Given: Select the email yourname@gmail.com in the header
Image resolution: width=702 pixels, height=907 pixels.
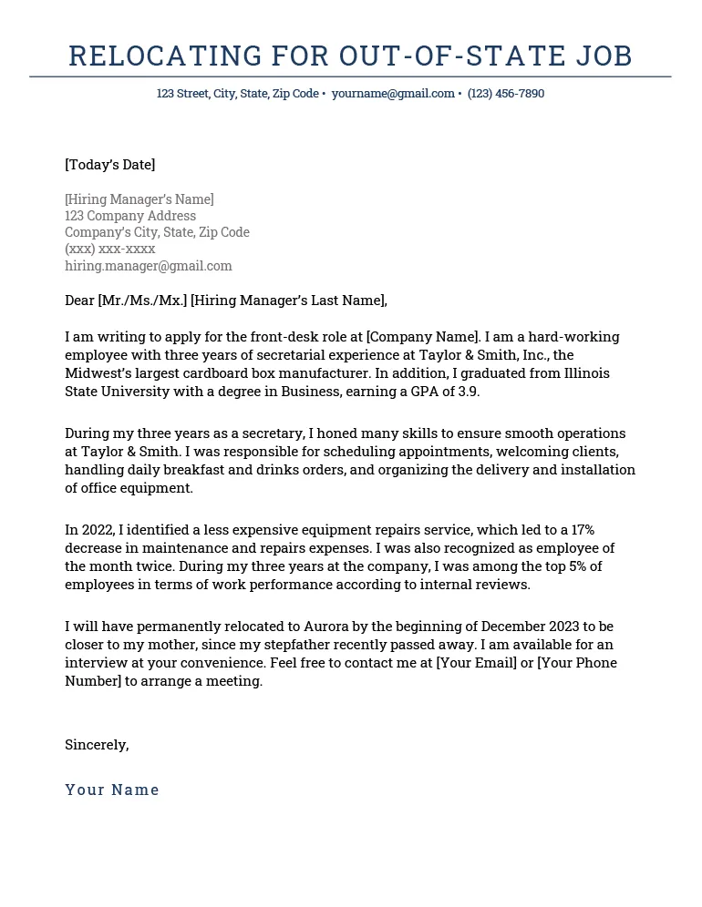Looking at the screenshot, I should coord(393,94).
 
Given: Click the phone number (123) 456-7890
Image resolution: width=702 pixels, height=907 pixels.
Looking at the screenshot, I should coord(506,94).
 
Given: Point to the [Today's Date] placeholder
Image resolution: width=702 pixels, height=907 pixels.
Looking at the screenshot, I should coord(110,165).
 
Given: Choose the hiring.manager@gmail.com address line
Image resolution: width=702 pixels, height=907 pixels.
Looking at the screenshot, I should coord(149,266).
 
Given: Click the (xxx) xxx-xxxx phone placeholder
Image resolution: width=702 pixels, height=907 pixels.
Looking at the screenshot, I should coord(110,249).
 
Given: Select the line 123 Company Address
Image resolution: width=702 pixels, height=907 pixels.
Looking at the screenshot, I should coord(130,216).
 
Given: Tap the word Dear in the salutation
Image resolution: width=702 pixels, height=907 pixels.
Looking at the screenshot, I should coord(80,301).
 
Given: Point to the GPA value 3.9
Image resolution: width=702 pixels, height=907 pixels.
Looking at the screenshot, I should coord(467,392).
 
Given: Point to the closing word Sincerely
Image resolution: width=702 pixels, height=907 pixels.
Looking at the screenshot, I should coord(96,745).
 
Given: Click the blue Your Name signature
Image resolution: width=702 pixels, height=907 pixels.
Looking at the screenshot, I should coord(112,790).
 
